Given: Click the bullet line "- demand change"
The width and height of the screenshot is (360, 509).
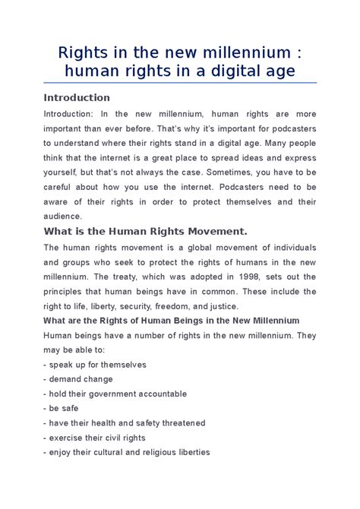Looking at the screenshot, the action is [x=78, y=379].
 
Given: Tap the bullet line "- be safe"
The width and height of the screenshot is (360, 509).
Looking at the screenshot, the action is [x=63, y=408].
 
